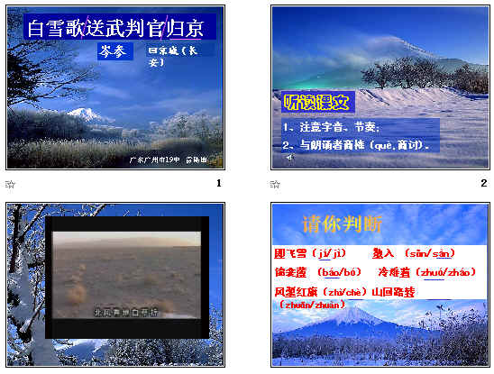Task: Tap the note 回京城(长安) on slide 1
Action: [x=170, y=57]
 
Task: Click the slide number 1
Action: [x=218, y=184]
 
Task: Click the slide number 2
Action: [x=483, y=184]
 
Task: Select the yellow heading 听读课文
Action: [x=315, y=101]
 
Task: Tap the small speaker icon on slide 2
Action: [x=289, y=157]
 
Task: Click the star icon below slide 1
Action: [x=11, y=185]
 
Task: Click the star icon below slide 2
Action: [x=275, y=185]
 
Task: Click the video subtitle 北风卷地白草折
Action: [x=126, y=313]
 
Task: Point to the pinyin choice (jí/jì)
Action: [x=332, y=253]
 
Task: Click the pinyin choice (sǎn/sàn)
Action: [x=429, y=253]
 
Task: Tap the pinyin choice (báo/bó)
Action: [x=339, y=271]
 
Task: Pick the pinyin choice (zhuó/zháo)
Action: [x=446, y=271]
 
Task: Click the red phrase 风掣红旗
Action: [x=297, y=292]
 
